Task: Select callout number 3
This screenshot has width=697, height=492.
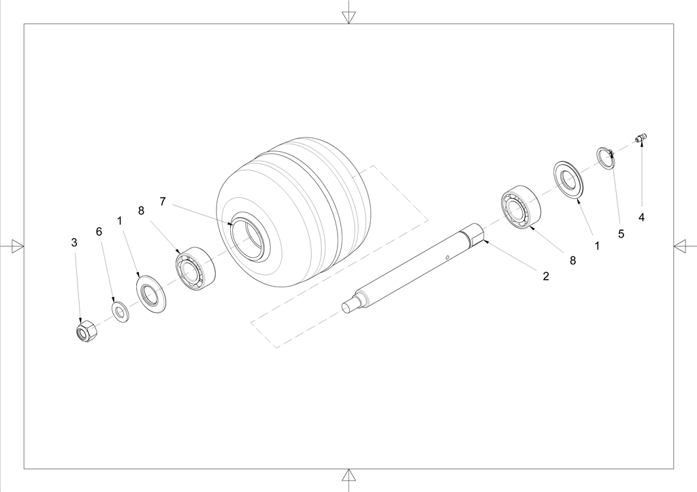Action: [x=74, y=243]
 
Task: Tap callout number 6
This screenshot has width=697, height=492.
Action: [x=99, y=231]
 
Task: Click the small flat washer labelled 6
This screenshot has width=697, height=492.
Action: [x=120, y=312]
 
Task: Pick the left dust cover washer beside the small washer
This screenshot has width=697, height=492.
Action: [x=151, y=294]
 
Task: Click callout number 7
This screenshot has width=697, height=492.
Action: [x=163, y=202]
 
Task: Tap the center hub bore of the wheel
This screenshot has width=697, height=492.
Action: [x=246, y=236]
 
